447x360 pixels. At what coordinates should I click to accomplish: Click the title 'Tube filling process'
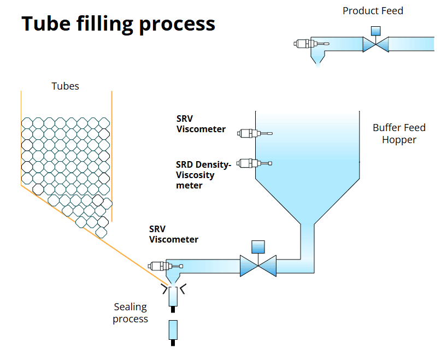tap(118, 23)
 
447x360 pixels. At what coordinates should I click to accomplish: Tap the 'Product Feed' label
tap(373, 10)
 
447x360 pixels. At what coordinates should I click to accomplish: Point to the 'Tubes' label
tap(65, 86)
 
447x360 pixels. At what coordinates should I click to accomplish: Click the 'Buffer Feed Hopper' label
tap(399, 134)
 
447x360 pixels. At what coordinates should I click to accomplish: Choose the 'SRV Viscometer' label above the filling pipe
tap(174, 234)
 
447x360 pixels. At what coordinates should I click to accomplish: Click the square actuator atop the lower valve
tap(258, 247)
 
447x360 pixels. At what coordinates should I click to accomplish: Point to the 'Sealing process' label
tap(131, 312)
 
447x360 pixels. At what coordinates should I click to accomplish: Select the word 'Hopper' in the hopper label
tap(399, 140)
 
